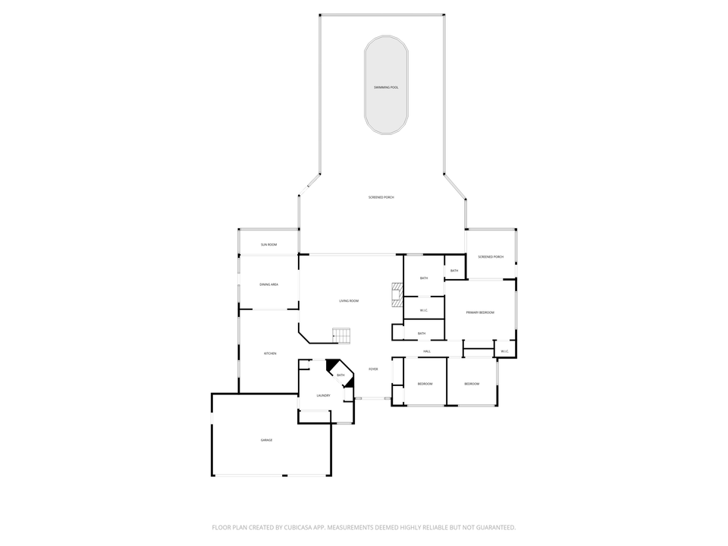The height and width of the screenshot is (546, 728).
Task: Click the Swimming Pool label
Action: [x=386, y=88]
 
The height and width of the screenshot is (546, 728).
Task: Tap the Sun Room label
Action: [x=268, y=245]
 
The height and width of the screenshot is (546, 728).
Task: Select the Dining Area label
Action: [x=268, y=284]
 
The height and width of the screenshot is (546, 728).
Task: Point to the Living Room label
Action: [x=349, y=301]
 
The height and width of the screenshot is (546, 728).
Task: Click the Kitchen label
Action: [x=270, y=354]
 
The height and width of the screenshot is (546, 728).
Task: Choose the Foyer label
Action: [x=373, y=369]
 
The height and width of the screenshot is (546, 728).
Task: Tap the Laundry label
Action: [x=323, y=396]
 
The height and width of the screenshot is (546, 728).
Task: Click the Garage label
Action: [x=267, y=441]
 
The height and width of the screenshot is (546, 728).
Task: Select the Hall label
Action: [x=427, y=352]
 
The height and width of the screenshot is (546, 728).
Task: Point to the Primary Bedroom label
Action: [x=480, y=313]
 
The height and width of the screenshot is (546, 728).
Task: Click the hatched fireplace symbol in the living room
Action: [x=396, y=294]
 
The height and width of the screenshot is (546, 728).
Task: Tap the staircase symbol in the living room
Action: [x=342, y=334]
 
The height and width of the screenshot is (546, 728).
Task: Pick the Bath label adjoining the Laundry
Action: [x=340, y=375]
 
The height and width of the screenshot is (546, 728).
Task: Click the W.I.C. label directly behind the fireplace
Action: [x=424, y=310]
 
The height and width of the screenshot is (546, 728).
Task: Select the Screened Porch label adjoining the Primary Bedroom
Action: [x=491, y=257]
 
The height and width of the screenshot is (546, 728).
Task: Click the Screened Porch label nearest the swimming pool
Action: [x=381, y=197]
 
